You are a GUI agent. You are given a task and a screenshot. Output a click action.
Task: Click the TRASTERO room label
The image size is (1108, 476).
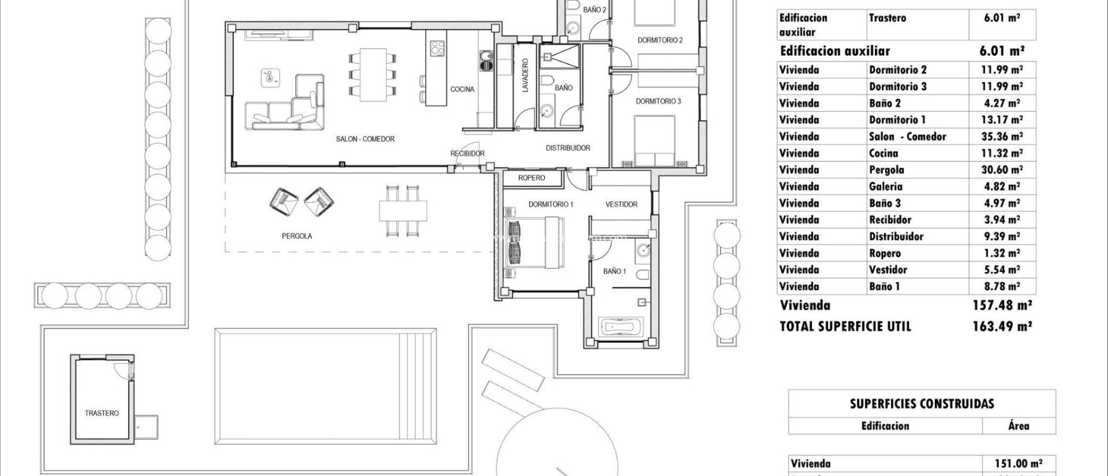[102, 413]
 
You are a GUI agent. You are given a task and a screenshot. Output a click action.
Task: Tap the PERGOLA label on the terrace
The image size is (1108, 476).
[296, 236]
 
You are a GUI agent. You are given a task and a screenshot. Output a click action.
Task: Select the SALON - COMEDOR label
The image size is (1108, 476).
[365, 139]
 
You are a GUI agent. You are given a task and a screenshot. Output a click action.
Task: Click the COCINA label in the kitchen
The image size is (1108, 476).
[462, 89]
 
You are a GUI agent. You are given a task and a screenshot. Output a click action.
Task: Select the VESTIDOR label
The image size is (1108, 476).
[621, 204]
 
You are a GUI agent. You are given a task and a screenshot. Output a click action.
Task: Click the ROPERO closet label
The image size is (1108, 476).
[531, 178]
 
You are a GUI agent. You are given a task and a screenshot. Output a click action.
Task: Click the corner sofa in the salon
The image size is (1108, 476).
[287, 108]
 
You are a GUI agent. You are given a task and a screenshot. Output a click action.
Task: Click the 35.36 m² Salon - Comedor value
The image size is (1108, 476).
[1002, 136]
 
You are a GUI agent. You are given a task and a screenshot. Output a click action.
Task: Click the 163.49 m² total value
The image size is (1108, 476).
[1002, 326]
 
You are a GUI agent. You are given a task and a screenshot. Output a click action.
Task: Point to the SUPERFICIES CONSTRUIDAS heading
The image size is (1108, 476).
[922, 404]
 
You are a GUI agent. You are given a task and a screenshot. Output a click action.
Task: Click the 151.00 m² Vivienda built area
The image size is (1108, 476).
[1018, 464]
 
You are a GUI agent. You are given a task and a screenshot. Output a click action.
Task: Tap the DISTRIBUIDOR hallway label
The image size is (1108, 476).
[568, 148]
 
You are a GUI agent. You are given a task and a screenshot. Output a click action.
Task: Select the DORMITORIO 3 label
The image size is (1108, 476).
[658, 101]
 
